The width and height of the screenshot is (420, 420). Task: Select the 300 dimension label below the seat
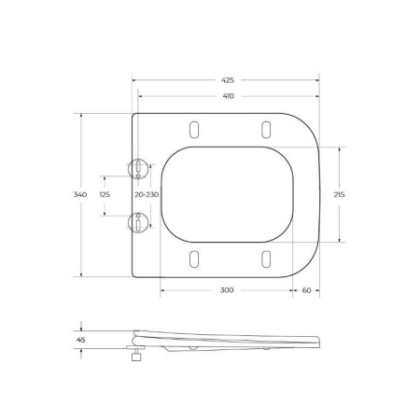coord(227,290)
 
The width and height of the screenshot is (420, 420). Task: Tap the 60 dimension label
coord(306,290)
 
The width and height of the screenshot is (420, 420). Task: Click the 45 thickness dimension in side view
coord(81,340)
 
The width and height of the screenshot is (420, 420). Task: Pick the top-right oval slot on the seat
coord(264,128)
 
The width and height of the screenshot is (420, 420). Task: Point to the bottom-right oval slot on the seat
coord(264,259)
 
